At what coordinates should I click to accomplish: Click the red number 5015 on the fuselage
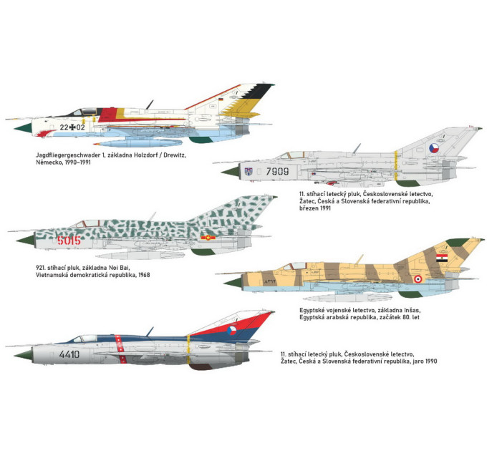coord(69,241)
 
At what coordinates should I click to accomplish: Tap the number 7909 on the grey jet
coord(277,171)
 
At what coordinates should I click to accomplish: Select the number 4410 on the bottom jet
coord(69,354)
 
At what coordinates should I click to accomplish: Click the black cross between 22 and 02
coord(72,127)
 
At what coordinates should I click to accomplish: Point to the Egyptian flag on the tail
coord(442,258)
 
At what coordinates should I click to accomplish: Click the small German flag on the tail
coord(221,100)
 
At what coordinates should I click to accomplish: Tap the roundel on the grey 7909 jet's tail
coord(434,148)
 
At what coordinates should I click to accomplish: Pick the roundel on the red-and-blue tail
coord(231,331)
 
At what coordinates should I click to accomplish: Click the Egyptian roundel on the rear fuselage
coord(418,279)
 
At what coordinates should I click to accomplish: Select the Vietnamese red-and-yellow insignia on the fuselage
coord(208,238)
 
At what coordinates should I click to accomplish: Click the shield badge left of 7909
coord(249,171)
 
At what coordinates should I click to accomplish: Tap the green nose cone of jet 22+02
coord(23,128)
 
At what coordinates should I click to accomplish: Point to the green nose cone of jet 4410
coord(23,355)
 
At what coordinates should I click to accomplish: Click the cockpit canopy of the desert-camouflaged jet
coord(293,266)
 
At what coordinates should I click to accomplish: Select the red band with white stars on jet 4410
coord(120,349)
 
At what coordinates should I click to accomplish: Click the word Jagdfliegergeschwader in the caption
coord(68,155)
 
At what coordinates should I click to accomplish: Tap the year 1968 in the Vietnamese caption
coord(144,275)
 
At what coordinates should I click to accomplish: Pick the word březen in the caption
coord(309,208)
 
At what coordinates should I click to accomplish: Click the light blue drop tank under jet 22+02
coord(138,143)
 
